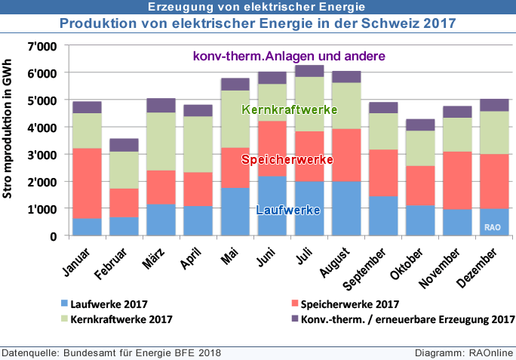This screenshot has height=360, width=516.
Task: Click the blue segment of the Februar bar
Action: tap(124, 226)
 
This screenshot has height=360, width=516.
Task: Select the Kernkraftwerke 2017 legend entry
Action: tap(121, 319)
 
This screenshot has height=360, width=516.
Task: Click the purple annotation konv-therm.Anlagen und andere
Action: tap(289, 56)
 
